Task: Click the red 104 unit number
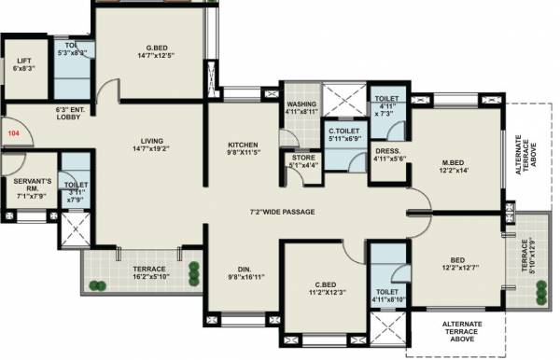point(13,134)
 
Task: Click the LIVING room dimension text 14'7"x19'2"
point(154,148)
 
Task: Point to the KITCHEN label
point(244,145)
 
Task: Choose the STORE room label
point(303,159)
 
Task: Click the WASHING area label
point(302,104)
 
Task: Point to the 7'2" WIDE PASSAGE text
point(281,213)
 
